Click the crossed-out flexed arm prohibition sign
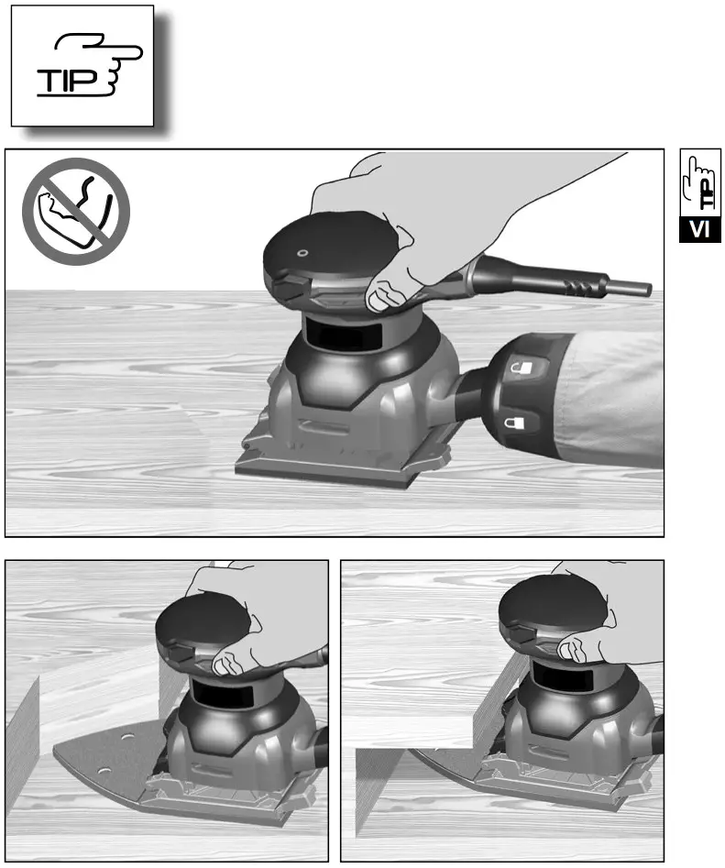coord(76,211)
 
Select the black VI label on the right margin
coord(700,228)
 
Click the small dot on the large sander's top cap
coord(303,254)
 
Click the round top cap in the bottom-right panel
coord(549,609)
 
